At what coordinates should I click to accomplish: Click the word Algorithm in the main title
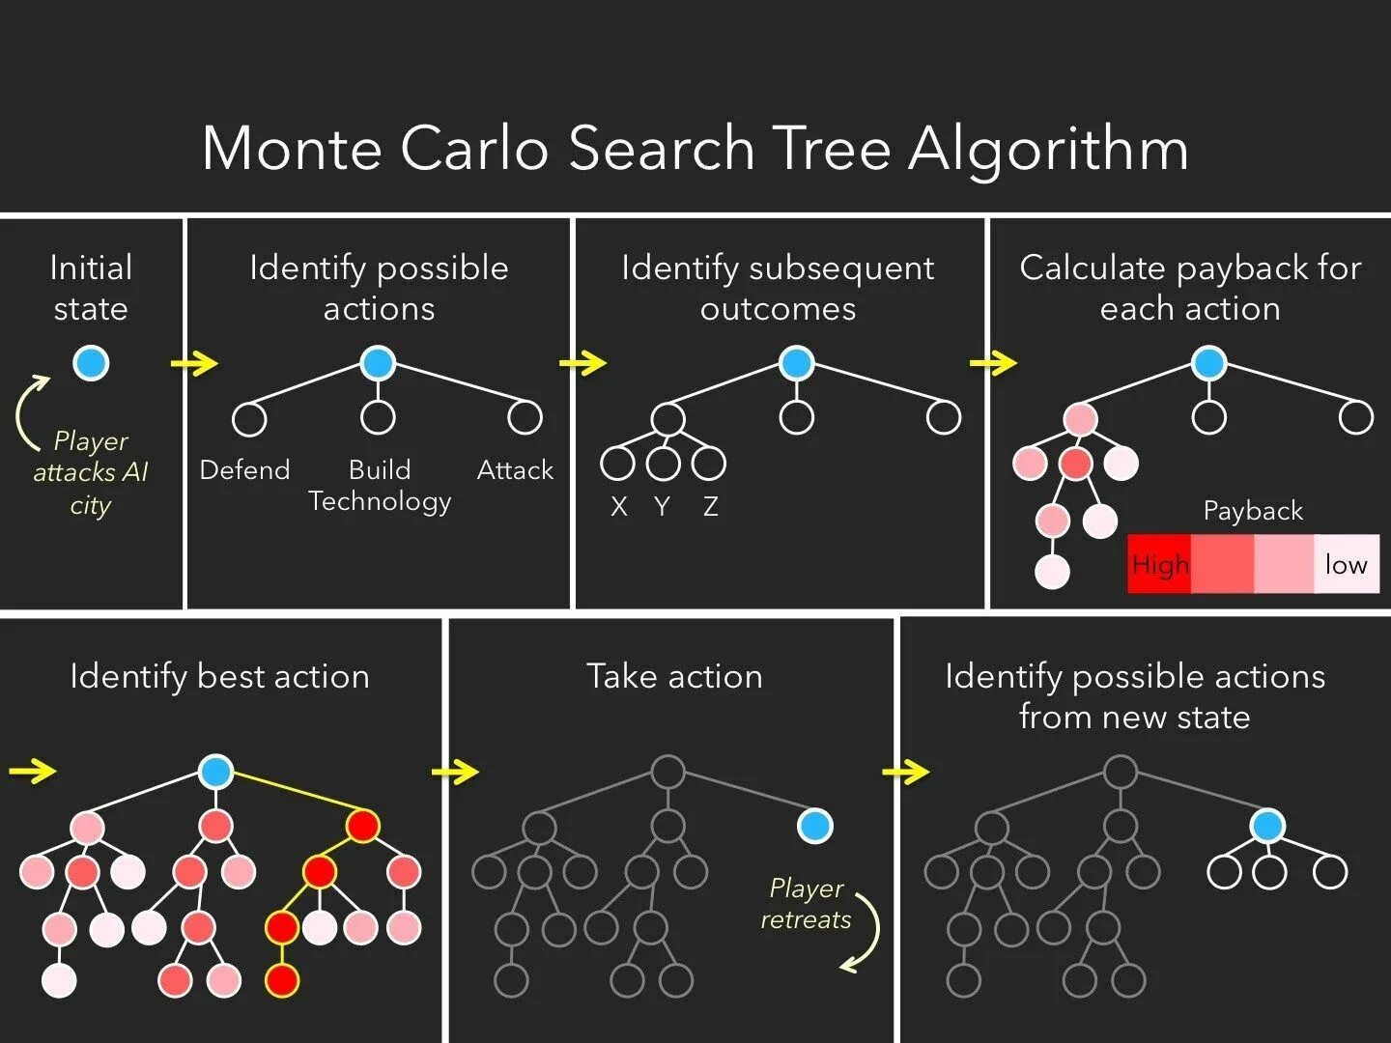1048,150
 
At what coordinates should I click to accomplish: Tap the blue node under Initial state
91,363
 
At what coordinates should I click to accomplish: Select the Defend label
244,470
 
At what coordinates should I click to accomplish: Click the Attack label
515,470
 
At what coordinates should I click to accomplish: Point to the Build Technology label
380,486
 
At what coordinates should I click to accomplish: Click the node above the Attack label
525,417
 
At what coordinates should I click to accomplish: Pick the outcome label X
619,506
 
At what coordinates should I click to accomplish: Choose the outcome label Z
710,506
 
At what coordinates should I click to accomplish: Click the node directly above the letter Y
663,464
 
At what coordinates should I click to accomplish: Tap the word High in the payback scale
1160,564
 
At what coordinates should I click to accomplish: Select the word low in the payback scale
1346,564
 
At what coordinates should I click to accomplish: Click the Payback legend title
1253,511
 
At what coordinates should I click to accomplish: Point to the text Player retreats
806,904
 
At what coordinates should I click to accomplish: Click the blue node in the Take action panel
814,826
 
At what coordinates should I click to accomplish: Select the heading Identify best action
219,676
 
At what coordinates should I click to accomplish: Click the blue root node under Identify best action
215,772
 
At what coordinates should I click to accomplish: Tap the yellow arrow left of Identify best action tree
33,771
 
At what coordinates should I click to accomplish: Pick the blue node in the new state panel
1266,826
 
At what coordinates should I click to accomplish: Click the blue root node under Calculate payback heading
1208,363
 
